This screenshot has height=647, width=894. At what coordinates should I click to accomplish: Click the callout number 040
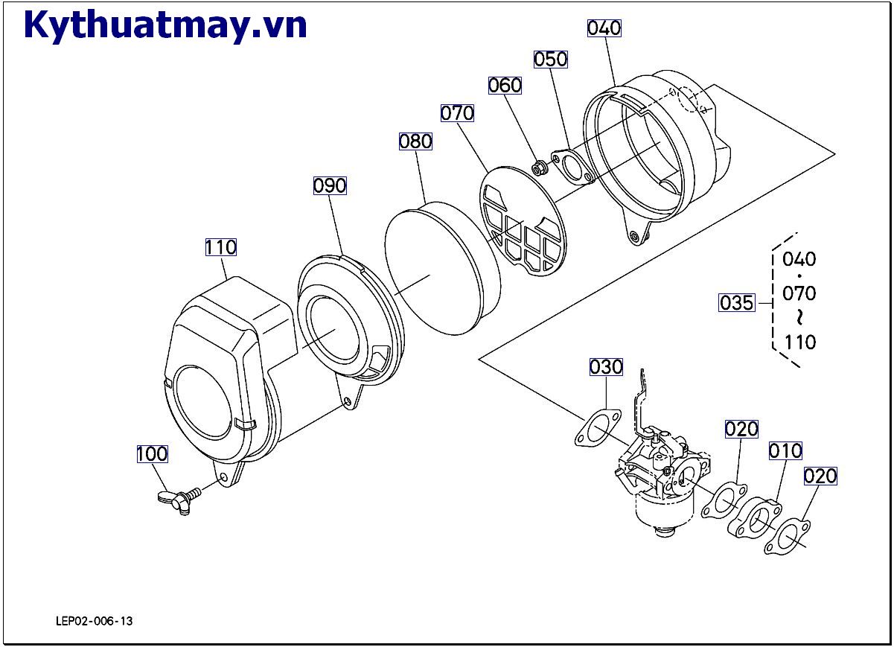604,28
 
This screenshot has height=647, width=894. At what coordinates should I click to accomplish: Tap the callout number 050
551,59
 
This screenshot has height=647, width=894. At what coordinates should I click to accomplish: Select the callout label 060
505,86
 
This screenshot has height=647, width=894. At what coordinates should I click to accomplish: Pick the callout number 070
457,113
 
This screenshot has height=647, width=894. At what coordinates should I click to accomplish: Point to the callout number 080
415,141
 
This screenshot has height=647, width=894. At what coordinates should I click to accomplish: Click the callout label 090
330,185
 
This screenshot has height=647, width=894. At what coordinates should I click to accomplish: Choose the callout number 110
221,246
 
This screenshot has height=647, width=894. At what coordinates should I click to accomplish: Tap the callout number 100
152,453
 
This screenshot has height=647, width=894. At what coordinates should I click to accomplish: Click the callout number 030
606,367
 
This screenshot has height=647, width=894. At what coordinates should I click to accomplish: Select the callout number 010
785,450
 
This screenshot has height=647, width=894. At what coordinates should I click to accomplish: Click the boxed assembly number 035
736,303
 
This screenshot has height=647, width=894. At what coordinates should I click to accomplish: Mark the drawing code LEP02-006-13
94,621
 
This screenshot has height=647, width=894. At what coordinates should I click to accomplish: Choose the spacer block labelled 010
753,519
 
